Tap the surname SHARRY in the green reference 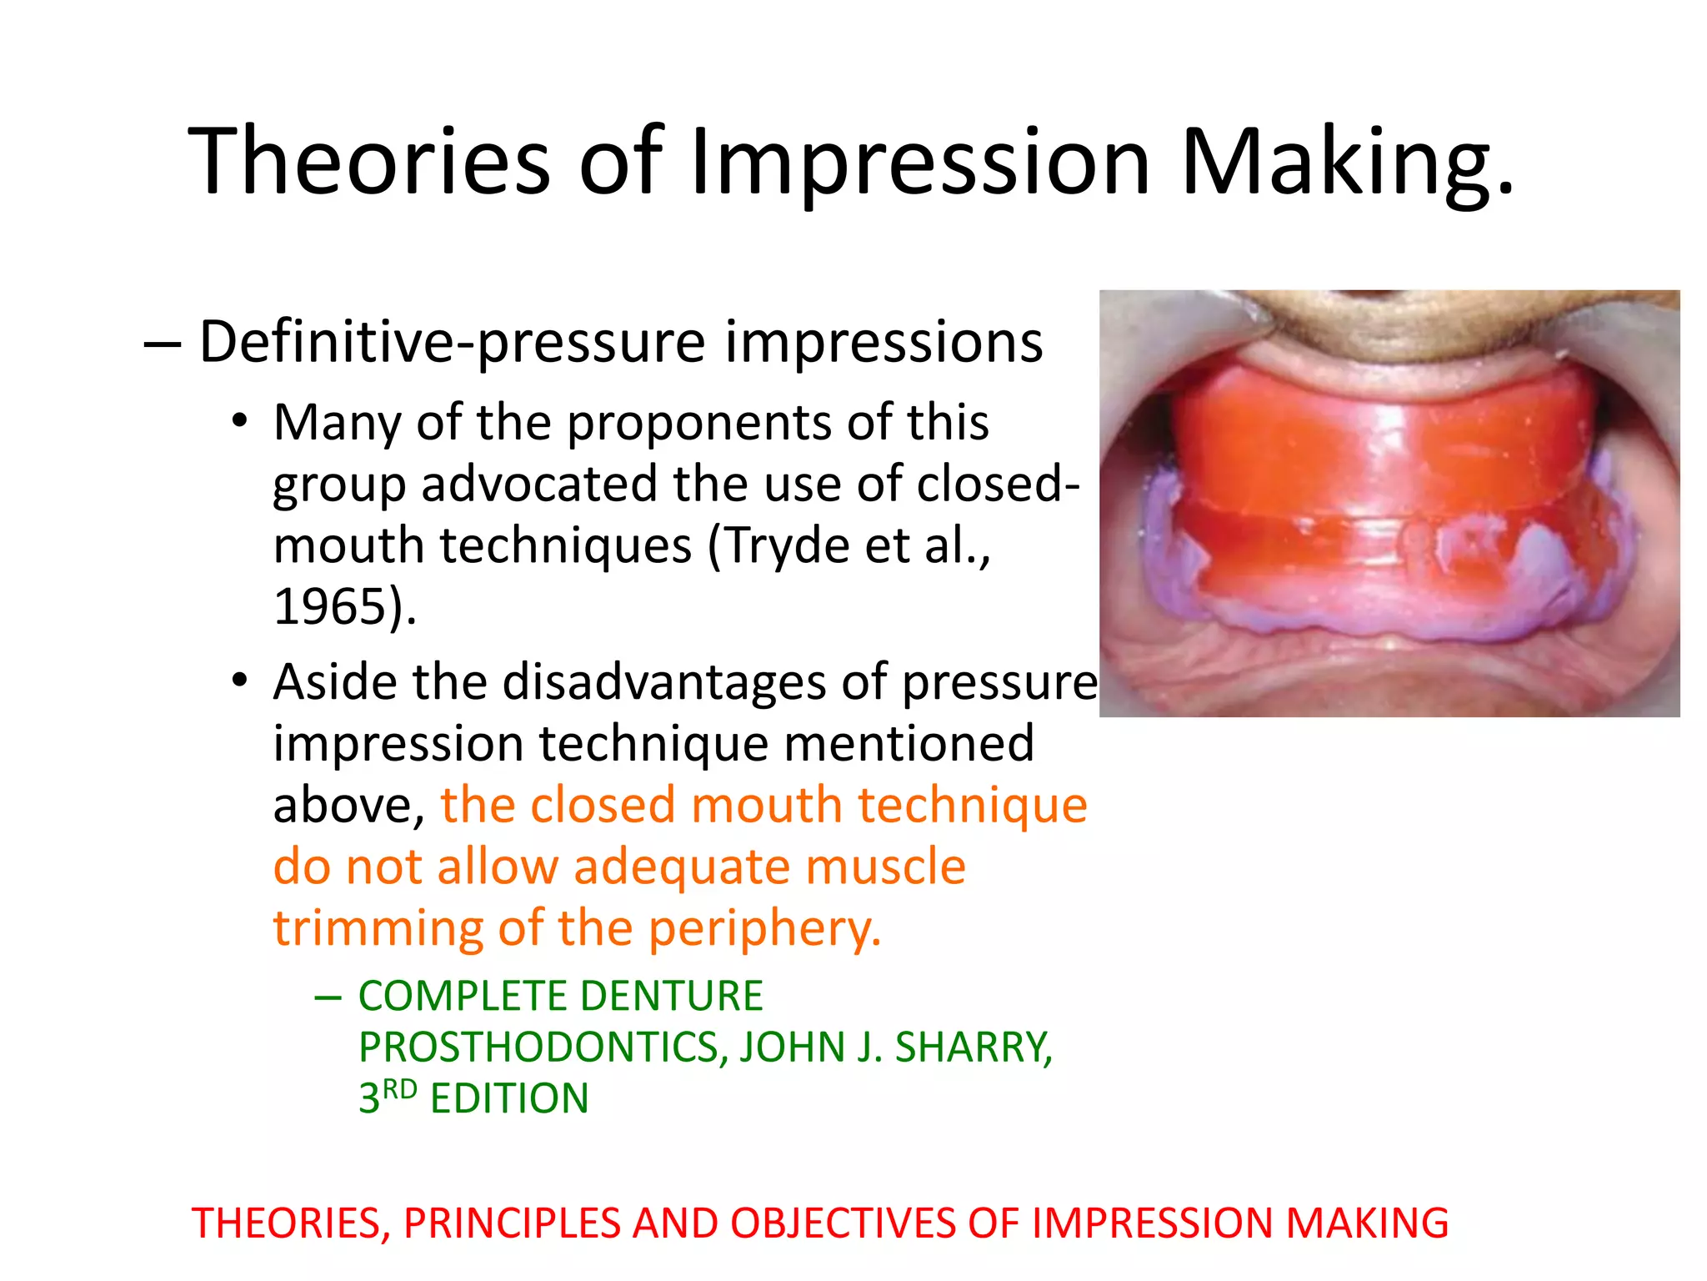(x=973, y=1047)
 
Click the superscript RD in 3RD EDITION (x=400, y=1089)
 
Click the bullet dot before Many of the (x=240, y=421)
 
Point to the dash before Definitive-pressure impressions (x=162, y=344)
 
